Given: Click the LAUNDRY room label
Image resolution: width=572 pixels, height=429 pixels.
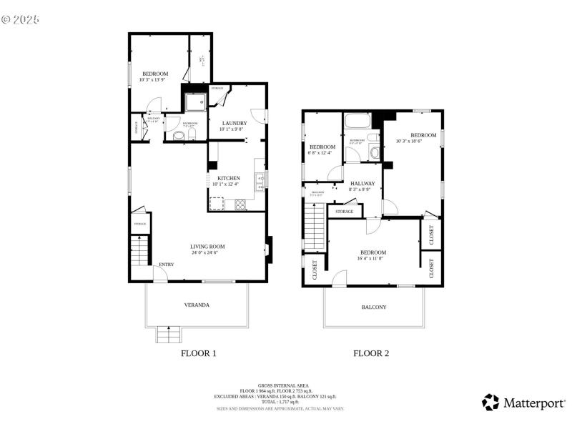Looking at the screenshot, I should click(234, 123).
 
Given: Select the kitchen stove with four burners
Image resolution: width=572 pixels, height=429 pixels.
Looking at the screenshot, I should click(240, 205).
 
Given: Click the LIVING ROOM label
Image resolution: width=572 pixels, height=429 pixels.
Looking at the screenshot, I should click(207, 247).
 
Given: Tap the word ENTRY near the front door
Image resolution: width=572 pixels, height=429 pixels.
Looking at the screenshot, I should click(166, 265).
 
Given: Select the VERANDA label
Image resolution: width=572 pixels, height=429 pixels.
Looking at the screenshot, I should click(197, 305).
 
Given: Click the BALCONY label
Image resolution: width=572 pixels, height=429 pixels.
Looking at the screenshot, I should click(373, 307).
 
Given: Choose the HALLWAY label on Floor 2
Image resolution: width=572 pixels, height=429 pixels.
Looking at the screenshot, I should click(362, 184).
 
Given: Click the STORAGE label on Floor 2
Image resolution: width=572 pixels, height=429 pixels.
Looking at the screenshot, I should click(345, 212).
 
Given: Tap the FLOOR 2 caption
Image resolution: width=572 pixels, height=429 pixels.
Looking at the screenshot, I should click(372, 353).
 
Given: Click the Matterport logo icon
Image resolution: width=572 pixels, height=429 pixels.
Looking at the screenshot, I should click(490, 403).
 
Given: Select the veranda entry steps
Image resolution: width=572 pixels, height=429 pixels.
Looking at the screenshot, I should click(169, 334).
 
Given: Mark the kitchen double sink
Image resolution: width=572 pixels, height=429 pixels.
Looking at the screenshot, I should click(261, 182).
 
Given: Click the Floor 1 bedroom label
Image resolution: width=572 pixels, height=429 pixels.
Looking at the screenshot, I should click(154, 74).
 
